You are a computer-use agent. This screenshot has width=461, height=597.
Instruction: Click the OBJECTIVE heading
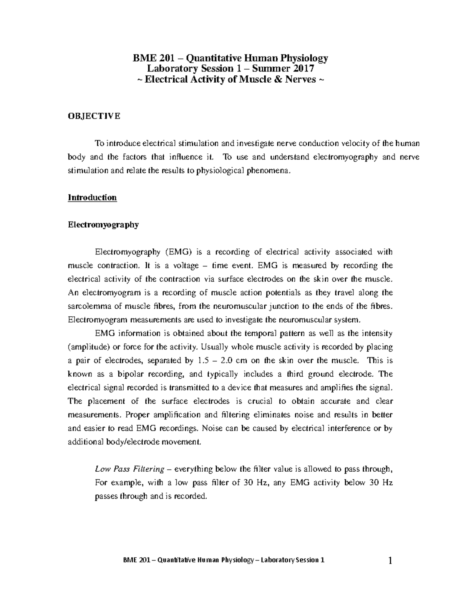click(x=94, y=116)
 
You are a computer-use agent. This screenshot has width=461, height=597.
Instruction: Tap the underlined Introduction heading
click(x=92, y=198)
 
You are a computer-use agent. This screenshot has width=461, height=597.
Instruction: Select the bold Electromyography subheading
click(x=103, y=225)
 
